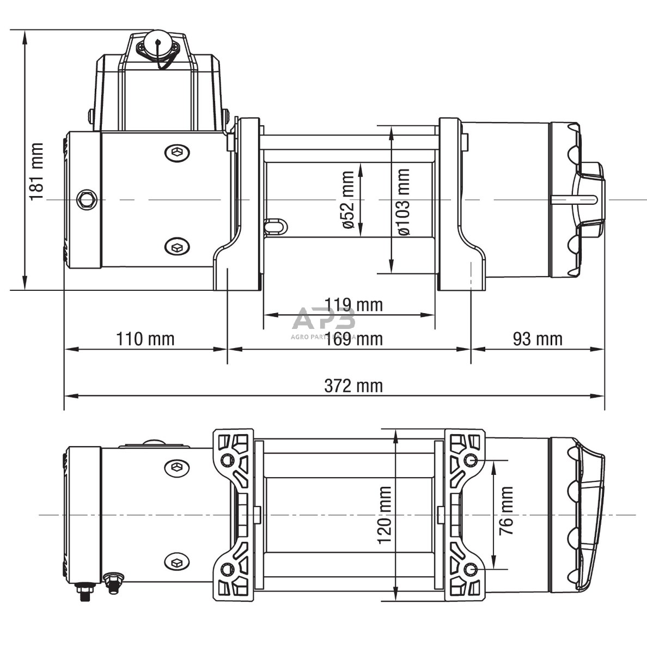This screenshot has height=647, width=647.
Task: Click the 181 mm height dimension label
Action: [x=36, y=172]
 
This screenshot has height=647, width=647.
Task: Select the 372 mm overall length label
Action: [x=353, y=386]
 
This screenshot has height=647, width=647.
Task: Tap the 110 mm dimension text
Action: [x=145, y=339]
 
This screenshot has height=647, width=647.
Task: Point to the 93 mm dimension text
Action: [x=537, y=339]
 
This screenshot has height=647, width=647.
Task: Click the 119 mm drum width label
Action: [x=353, y=304]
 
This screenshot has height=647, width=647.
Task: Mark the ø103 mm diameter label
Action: [x=404, y=202]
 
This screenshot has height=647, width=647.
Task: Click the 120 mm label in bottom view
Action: [x=384, y=515]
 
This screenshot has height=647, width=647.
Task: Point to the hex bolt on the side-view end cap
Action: [x=87, y=199]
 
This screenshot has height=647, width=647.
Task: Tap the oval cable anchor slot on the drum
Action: [x=274, y=225]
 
